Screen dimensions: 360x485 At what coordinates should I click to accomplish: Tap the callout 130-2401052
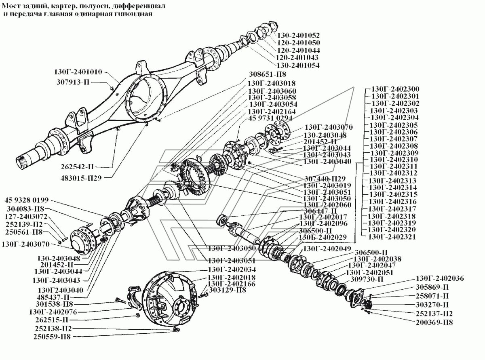299,35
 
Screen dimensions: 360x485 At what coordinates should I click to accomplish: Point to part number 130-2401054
299,65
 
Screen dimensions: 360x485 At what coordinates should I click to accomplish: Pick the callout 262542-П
82,166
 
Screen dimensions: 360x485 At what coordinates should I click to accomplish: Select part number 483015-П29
84,176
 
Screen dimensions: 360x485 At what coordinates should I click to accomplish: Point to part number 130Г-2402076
52,312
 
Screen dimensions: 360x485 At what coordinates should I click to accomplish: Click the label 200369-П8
434,322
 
